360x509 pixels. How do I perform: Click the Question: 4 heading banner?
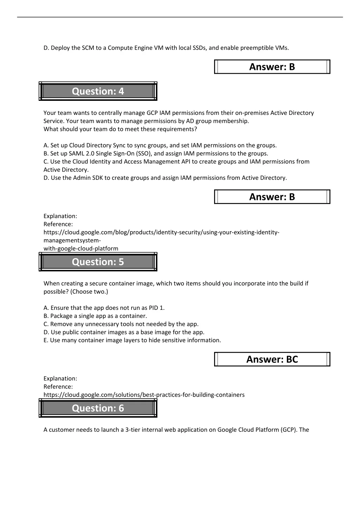point(98,91)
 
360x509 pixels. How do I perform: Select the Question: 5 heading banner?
point(98,262)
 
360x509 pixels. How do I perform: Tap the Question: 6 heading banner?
point(98,408)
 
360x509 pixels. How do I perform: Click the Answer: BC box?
point(272,359)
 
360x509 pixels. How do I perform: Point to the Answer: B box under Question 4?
point(272,197)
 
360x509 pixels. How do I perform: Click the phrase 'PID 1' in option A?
point(156,308)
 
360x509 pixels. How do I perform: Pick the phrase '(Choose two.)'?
point(90,292)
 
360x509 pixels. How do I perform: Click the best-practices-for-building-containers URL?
point(144,395)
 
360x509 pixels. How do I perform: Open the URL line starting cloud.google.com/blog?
point(161,232)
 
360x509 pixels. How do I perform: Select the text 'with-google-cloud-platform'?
point(81,248)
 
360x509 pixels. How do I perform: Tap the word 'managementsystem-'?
point(72,240)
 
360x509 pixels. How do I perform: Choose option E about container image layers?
point(132,340)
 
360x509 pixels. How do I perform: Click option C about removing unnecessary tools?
point(121,324)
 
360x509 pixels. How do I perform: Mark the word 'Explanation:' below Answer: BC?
point(60,379)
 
